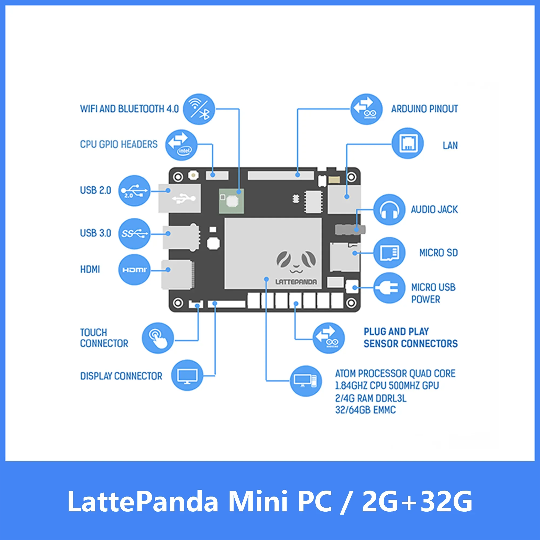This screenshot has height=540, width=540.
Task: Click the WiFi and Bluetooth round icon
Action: point(199,109)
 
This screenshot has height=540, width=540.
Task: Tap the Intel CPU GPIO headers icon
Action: point(181,145)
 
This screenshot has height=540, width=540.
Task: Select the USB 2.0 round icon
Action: point(134,191)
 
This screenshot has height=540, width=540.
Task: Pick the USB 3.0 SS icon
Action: point(134,234)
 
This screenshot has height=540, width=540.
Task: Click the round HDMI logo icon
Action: point(134,270)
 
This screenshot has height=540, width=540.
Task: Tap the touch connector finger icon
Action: point(158,338)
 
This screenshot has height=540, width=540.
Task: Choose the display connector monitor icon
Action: point(187,375)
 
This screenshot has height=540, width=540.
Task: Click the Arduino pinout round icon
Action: point(366,109)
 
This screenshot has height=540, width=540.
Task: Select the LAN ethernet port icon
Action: point(408,143)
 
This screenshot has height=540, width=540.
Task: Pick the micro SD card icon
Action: point(389,253)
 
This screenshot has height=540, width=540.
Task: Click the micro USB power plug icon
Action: point(389,288)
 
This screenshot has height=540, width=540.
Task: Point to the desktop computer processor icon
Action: point(306,381)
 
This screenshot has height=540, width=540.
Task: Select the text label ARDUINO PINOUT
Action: point(424,109)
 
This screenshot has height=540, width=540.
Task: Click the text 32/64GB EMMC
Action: point(365,410)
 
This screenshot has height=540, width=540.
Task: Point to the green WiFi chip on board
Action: point(231,201)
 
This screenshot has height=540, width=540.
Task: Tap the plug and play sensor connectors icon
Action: point(329,338)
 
